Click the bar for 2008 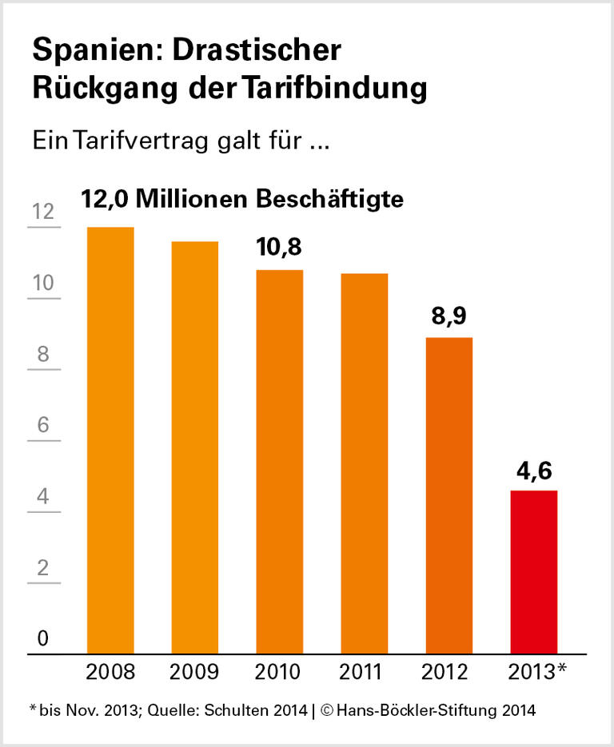(x=110, y=439)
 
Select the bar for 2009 (x=195, y=447)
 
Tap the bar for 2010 (x=280, y=462)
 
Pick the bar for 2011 (x=364, y=463)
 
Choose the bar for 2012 (x=449, y=495)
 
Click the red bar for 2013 (x=533, y=571)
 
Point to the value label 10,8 (x=279, y=247)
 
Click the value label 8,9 (x=449, y=316)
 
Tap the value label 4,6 (x=533, y=468)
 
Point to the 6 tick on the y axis (x=43, y=425)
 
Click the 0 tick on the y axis (x=43, y=639)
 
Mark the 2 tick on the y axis (x=43, y=568)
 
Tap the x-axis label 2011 (x=364, y=672)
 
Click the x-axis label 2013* (x=536, y=672)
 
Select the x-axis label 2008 (x=110, y=672)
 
